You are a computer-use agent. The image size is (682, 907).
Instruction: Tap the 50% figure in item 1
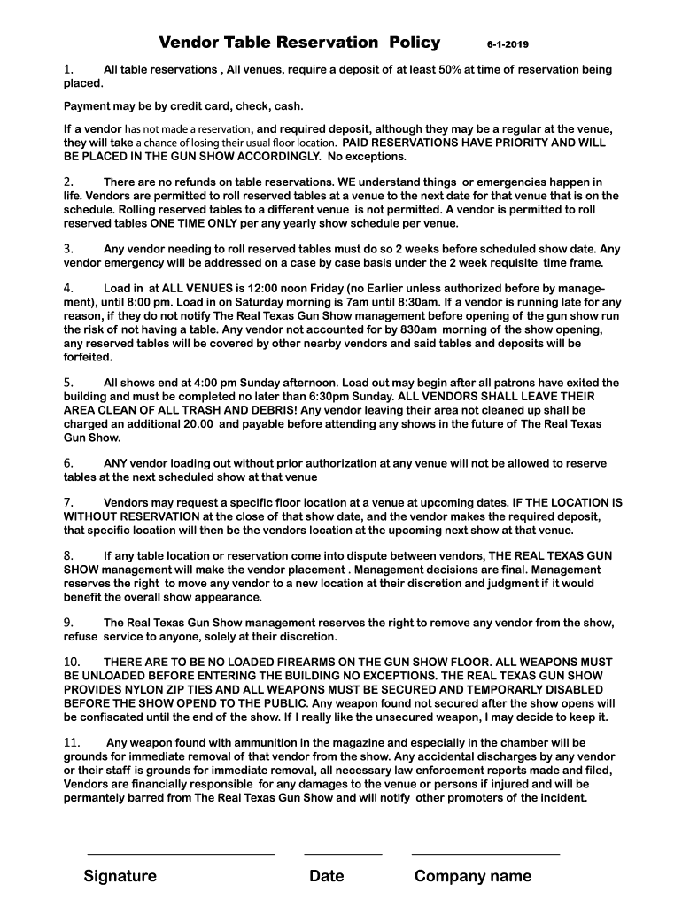tap(450, 69)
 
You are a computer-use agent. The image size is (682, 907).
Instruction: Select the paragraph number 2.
tap(67, 182)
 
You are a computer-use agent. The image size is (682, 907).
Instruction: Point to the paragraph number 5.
tap(67, 383)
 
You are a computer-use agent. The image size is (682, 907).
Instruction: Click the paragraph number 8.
tap(67, 555)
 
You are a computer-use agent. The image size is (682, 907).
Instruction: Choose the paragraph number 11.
tap(72, 742)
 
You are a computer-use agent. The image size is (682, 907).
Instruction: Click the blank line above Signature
tap(181, 854)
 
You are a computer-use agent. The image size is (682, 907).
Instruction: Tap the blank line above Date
tap(343, 854)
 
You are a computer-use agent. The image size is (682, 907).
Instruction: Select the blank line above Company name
tap(485, 854)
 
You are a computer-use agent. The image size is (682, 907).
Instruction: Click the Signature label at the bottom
tap(120, 876)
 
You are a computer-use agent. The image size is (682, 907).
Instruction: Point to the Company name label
tap(473, 876)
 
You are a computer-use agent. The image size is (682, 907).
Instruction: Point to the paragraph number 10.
tap(72, 662)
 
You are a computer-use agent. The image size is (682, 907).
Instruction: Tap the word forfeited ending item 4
tap(88, 358)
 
